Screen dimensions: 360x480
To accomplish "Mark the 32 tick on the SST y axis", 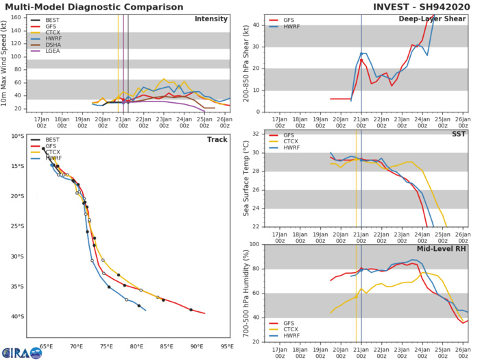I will click(x=254, y=134).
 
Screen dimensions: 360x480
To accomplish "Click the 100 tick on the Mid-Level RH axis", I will click(x=252, y=245).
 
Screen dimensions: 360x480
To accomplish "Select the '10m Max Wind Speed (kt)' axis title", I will click(x=6, y=62).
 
